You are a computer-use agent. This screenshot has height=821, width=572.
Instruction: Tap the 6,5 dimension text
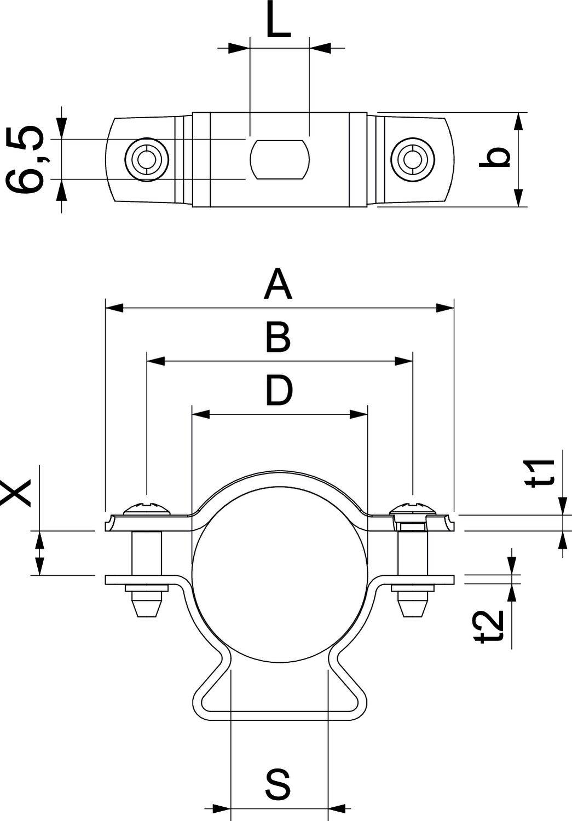26,159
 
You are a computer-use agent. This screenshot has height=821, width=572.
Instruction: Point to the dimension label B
278,338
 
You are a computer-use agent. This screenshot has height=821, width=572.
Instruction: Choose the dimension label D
279,391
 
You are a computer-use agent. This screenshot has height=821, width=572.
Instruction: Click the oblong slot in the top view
280,159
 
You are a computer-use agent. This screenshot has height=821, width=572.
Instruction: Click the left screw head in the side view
147,508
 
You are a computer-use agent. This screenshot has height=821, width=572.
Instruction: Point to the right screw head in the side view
412,508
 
